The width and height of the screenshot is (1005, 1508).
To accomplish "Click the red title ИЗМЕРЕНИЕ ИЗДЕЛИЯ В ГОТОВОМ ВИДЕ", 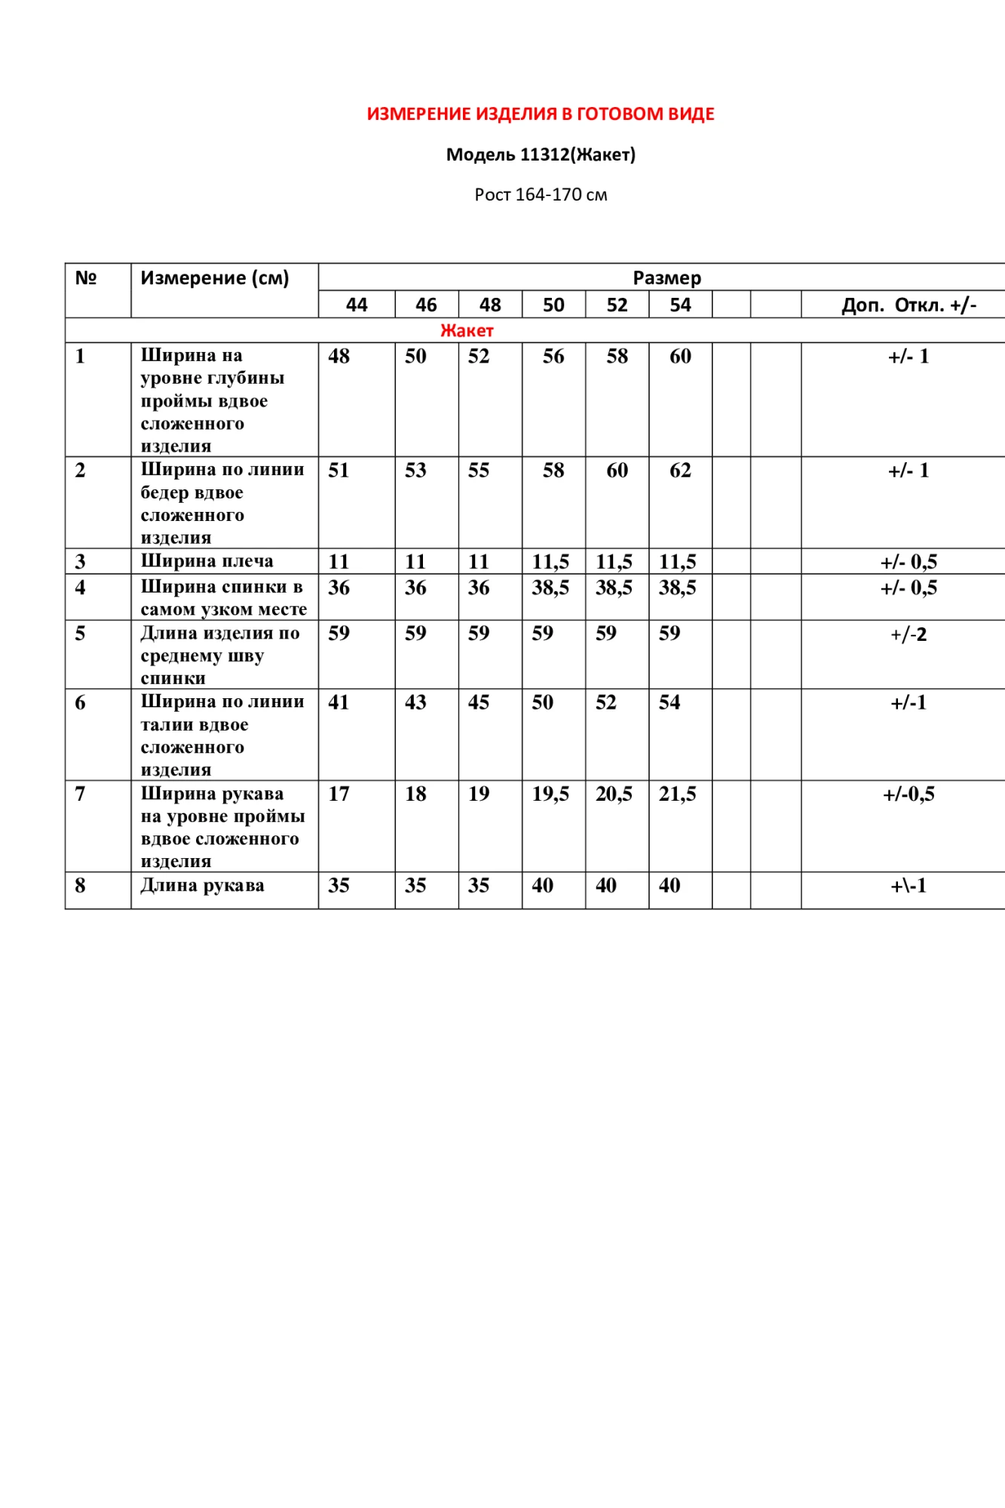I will (541, 114).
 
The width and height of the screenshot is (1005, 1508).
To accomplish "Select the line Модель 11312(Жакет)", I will (541, 155).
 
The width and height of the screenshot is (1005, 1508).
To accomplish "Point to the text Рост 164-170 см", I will (541, 195).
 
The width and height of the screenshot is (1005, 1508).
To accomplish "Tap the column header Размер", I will (666, 277).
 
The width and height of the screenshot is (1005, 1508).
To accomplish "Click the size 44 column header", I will (357, 305).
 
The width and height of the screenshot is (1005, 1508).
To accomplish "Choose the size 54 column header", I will (680, 305).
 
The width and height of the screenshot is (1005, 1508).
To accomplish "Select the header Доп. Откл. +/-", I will (908, 305).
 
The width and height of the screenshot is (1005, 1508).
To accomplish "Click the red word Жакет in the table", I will (467, 330).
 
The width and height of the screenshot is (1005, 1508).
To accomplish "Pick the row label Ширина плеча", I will (207, 561).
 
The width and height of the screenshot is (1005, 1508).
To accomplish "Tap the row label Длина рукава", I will (202, 885).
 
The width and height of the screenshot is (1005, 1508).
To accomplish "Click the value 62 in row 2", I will (680, 470).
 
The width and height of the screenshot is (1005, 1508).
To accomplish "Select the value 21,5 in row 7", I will (677, 794).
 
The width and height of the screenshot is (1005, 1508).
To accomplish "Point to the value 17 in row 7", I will (339, 794).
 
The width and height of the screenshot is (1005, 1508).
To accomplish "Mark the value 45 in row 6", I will (479, 703).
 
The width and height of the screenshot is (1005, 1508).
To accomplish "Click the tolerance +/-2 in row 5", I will (908, 634).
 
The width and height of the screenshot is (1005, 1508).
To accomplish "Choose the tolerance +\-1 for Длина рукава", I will (908, 886).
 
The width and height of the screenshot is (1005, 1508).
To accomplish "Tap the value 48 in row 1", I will (339, 357).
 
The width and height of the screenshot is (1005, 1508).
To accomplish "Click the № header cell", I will (86, 278).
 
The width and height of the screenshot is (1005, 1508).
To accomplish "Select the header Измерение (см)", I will (215, 278).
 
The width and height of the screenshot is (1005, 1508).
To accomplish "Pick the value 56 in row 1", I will (553, 357).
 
